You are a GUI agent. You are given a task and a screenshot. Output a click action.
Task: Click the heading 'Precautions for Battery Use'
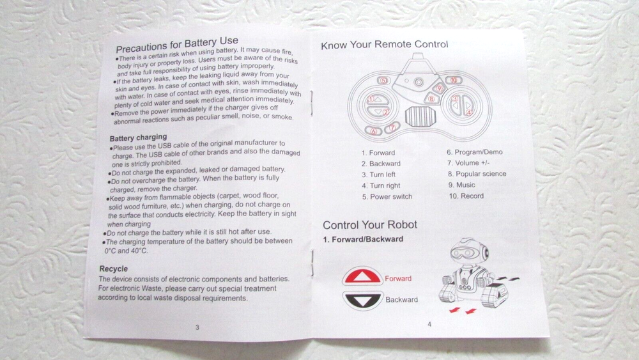[x=176, y=45]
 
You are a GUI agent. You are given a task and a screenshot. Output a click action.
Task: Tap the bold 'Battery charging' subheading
[x=138, y=137]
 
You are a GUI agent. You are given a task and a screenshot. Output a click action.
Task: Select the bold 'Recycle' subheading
[x=114, y=269]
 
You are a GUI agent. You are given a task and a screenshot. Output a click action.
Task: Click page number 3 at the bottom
[x=197, y=327]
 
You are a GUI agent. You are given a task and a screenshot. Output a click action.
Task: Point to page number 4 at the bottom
[x=429, y=324]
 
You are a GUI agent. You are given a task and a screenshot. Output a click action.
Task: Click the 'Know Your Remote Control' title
[x=384, y=45]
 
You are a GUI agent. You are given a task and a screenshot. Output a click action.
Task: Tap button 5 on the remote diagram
[x=382, y=81]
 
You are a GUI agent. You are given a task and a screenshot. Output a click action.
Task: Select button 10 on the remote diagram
[x=452, y=80]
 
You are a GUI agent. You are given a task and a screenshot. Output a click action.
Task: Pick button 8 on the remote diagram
[x=431, y=99]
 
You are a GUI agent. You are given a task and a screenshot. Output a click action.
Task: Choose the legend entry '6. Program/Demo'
[x=474, y=152]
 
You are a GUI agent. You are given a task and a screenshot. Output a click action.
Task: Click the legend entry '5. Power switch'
[x=387, y=196]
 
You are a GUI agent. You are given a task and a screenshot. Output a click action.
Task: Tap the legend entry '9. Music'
[x=461, y=185]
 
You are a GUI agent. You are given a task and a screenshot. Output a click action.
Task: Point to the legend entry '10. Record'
[x=465, y=196]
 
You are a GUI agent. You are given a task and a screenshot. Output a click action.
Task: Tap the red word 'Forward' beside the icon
[x=398, y=278]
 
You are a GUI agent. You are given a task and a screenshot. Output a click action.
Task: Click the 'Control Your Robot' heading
[x=369, y=224]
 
